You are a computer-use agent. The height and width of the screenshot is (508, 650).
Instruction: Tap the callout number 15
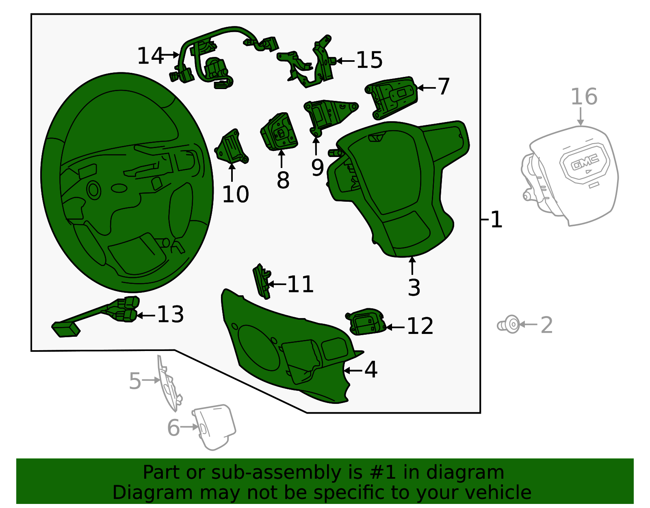(369, 60)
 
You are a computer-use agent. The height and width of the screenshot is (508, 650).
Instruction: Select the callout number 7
(444, 87)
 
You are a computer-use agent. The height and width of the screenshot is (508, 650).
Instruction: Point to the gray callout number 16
(584, 97)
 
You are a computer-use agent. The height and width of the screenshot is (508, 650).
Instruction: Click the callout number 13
(171, 314)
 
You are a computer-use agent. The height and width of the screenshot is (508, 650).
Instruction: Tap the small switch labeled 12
(366, 322)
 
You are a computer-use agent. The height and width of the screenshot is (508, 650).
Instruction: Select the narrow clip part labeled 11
(262, 281)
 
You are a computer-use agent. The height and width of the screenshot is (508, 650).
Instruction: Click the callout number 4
(371, 370)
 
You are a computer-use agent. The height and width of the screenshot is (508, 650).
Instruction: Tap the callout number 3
(414, 288)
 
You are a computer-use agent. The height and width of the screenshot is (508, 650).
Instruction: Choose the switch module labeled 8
(279, 132)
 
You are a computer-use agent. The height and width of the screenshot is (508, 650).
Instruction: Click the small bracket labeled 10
(232, 148)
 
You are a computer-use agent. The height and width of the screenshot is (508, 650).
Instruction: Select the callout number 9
(318, 167)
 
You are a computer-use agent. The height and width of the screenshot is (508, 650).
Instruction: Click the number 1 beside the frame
(496, 220)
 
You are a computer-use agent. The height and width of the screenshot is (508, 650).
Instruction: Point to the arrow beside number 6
(189, 427)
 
